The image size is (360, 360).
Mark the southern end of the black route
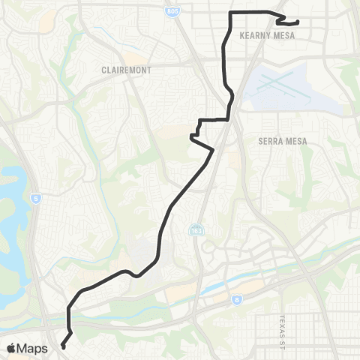[x=62, y=346]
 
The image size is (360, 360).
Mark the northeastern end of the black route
[x=298, y=22]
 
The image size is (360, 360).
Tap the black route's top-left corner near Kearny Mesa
[x=230, y=14]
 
